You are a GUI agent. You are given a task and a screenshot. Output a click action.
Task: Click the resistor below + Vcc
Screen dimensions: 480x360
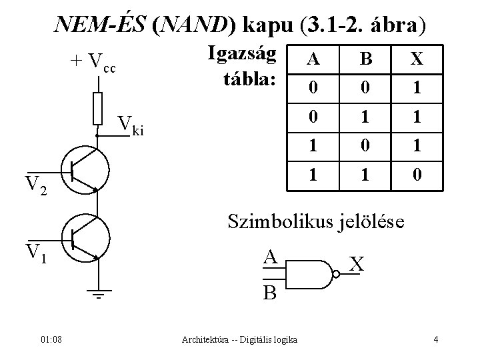coord(97,109)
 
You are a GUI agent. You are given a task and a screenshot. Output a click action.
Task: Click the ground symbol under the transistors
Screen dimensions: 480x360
coord(97,294)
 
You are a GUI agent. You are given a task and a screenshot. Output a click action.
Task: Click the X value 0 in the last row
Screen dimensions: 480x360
coord(417,177)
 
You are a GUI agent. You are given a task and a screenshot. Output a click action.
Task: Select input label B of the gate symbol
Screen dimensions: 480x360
coord(270,291)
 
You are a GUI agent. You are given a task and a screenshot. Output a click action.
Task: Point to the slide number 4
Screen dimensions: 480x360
coord(435,340)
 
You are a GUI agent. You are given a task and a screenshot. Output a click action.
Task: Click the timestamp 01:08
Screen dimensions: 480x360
coord(50,340)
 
